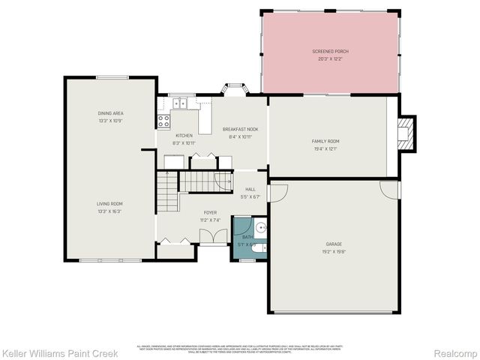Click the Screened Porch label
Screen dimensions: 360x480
330,51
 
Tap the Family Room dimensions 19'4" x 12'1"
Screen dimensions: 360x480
325,148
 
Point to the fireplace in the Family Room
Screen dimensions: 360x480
406,132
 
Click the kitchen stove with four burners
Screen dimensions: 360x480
163,120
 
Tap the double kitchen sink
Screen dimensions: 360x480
180,103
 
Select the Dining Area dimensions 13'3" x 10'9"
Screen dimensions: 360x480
109,121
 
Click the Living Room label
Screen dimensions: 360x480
109,203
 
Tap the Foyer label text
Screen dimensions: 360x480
210,212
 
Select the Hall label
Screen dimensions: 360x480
250,190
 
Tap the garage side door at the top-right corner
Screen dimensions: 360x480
390,188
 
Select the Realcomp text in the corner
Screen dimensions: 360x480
457,352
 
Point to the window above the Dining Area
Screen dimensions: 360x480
110,76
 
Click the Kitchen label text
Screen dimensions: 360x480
184,136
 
